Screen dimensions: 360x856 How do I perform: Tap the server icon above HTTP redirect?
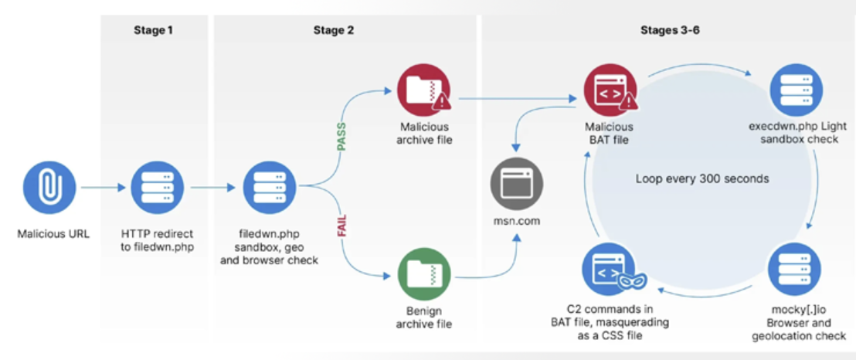pyautogui.click(x=157, y=187)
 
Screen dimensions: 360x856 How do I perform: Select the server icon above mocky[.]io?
pyautogui.click(x=794, y=268)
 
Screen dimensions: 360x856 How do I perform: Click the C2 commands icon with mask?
pyautogui.click(x=610, y=268)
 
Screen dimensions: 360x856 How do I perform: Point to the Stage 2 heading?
pyautogui.click(x=334, y=30)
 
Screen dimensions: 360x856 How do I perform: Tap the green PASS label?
pyautogui.click(x=341, y=134)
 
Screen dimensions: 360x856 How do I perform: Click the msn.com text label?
pyautogui.click(x=518, y=221)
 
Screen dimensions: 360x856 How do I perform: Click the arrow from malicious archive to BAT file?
pyautogui.click(x=518, y=98)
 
